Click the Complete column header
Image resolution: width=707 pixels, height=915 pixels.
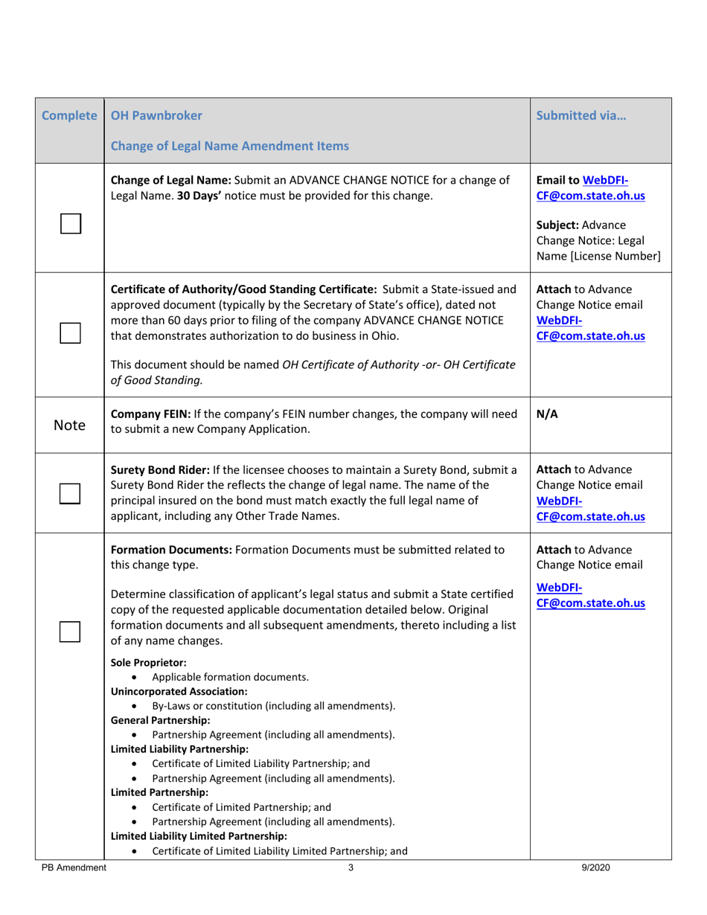(70, 117)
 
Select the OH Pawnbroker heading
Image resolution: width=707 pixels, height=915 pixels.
(156, 117)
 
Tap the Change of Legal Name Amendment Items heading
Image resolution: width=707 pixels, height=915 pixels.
(229, 146)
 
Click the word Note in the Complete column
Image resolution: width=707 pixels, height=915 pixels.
(70, 425)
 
